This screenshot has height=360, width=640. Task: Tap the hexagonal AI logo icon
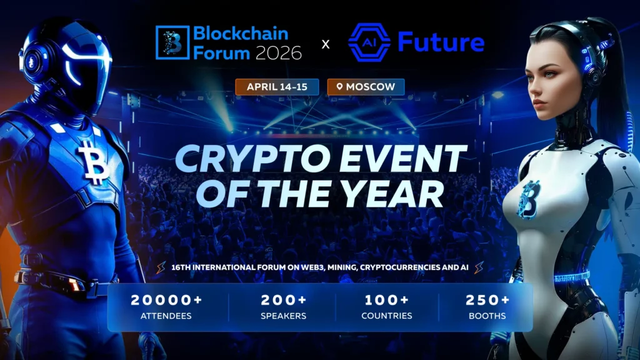click(369, 43)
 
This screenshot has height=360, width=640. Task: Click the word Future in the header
click(441, 42)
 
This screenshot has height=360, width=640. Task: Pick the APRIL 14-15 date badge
click(277, 87)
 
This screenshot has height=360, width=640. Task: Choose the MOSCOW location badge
click(366, 87)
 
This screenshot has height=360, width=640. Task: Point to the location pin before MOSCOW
click(339, 87)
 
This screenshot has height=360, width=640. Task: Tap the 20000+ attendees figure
click(166, 300)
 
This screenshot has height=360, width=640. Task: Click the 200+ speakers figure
click(283, 300)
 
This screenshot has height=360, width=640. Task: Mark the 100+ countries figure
click(387, 300)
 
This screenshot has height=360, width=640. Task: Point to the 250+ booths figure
click(487, 300)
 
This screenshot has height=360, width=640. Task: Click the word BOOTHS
click(487, 316)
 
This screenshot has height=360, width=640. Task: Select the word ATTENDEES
click(166, 316)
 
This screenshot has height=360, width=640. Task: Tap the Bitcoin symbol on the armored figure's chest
click(93, 161)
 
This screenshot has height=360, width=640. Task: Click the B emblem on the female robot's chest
click(529, 199)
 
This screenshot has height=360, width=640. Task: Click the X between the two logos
click(325, 44)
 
